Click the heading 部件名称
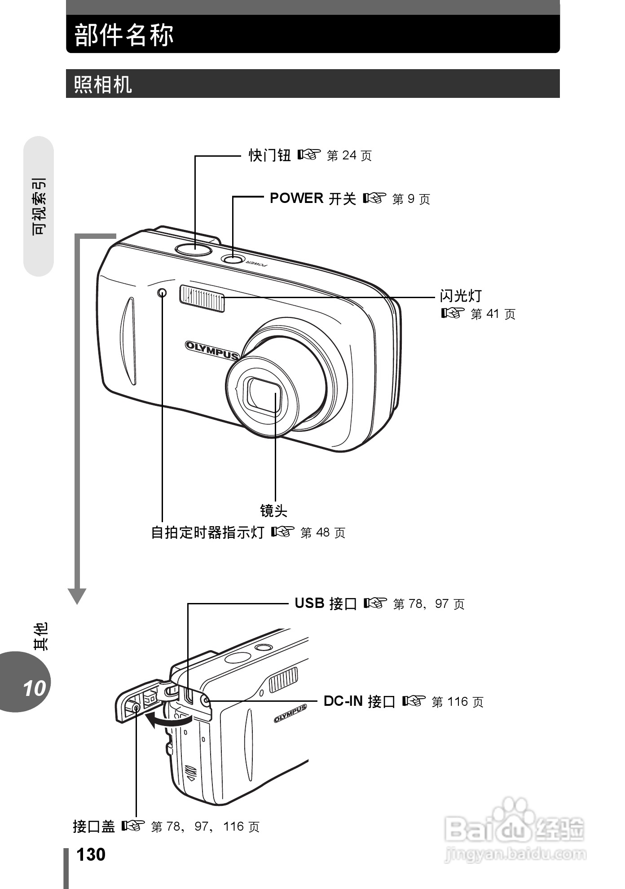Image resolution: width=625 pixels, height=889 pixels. point(124,35)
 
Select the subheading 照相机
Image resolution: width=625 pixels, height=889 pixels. point(103,84)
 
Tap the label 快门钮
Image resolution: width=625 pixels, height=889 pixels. point(270,155)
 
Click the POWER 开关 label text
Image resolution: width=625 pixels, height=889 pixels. point(312,198)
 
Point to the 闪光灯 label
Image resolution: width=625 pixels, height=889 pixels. point(461,296)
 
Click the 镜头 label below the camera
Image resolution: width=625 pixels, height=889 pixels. point(273,511)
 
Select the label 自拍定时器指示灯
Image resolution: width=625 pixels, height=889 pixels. point(207,533)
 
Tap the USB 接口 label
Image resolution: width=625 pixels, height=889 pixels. point(326,603)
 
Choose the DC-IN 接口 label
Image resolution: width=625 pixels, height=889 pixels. point(359,701)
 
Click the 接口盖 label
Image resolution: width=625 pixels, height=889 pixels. point(94,826)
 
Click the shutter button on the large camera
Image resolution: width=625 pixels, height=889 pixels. point(194,250)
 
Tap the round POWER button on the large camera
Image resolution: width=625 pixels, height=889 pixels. point(232,259)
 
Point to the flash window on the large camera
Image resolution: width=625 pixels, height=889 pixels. point(202,298)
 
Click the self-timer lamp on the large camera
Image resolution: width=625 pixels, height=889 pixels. point(162,293)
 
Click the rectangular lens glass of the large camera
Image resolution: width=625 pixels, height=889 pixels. point(264,396)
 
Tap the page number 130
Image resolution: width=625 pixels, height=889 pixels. point(91,855)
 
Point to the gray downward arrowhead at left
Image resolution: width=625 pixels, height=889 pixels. point(77,596)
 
